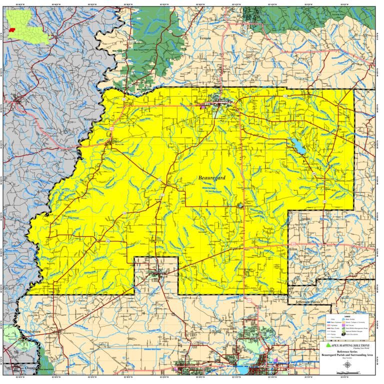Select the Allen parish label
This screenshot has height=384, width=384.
point(293,248)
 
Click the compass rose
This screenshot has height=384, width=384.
point(346,364)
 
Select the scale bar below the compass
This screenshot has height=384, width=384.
point(346,372)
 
